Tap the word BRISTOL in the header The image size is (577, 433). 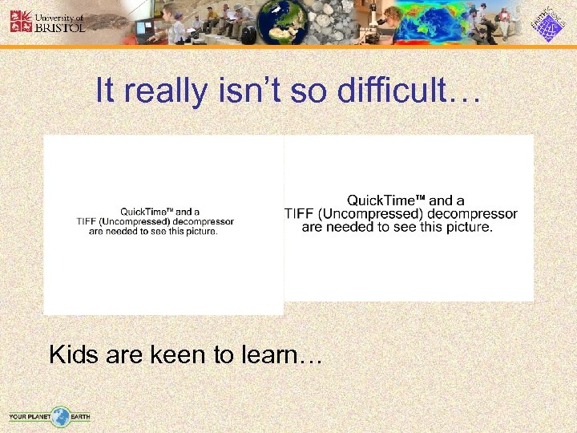point(58,26)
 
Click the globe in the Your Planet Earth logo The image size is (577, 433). point(60,416)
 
